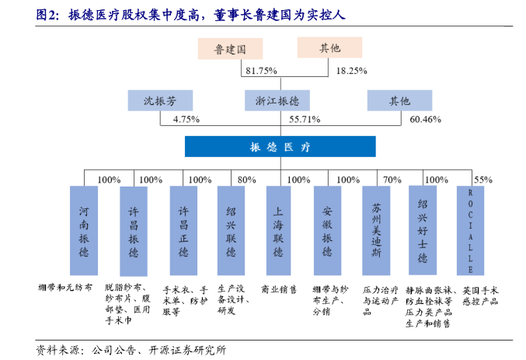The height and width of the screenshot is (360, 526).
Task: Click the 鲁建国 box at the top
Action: pyautogui.click(x=230, y=48)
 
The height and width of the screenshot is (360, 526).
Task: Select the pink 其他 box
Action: pyautogui.click(x=329, y=48)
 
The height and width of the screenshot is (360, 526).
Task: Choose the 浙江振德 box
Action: pyautogui.click(x=277, y=100)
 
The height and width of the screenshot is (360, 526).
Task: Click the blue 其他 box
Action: pyautogui.click(x=399, y=100)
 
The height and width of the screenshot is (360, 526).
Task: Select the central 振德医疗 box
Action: pyautogui.click(x=280, y=146)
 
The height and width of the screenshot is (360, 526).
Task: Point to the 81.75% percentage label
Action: pyautogui.click(x=261, y=71)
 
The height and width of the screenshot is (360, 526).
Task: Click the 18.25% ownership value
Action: pyautogui.click(x=351, y=71)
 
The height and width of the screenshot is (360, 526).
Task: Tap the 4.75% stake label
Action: pyautogui.click(x=186, y=120)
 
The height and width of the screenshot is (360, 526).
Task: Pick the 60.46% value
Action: pyautogui.click(x=425, y=120)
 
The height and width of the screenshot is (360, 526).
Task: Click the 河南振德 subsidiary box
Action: pyautogui.click(x=84, y=231)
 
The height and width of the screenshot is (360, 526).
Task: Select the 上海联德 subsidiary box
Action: pyautogui.click(x=278, y=231)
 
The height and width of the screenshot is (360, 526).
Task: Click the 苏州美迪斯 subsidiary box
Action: pyautogui.click(x=374, y=231)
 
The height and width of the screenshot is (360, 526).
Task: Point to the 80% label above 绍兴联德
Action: pyautogui.click(x=246, y=180)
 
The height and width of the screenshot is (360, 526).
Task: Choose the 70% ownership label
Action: pyautogui.click(x=392, y=180)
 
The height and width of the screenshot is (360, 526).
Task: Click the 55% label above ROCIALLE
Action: pyautogui.click(x=483, y=180)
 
